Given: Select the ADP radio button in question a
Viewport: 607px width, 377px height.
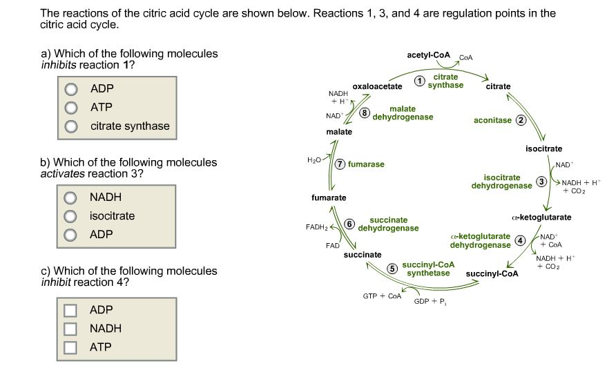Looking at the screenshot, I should tap(70, 89).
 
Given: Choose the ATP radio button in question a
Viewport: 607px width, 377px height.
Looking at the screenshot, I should tap(70, 108).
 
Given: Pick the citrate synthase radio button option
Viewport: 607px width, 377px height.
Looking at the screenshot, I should tap(70, 126).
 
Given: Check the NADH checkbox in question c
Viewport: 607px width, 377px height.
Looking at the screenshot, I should tap(70, 329).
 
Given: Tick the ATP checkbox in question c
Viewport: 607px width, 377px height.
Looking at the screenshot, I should tap(70, 347).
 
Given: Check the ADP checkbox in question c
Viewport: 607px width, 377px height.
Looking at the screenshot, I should tap(70, 310).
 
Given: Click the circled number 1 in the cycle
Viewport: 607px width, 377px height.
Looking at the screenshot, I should tap(418, 81).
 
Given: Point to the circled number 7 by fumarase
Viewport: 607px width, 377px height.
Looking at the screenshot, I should tap(340, 164).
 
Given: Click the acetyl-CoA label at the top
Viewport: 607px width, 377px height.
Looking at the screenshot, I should tap(428, 55).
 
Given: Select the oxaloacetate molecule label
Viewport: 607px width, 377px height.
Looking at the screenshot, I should tap(377, 86).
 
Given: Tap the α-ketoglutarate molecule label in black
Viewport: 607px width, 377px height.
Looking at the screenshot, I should tap(542, 217).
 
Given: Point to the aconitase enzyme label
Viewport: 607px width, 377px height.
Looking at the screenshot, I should tap(493, 120).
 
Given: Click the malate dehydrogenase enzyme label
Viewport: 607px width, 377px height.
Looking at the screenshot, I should tap(403, 113).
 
